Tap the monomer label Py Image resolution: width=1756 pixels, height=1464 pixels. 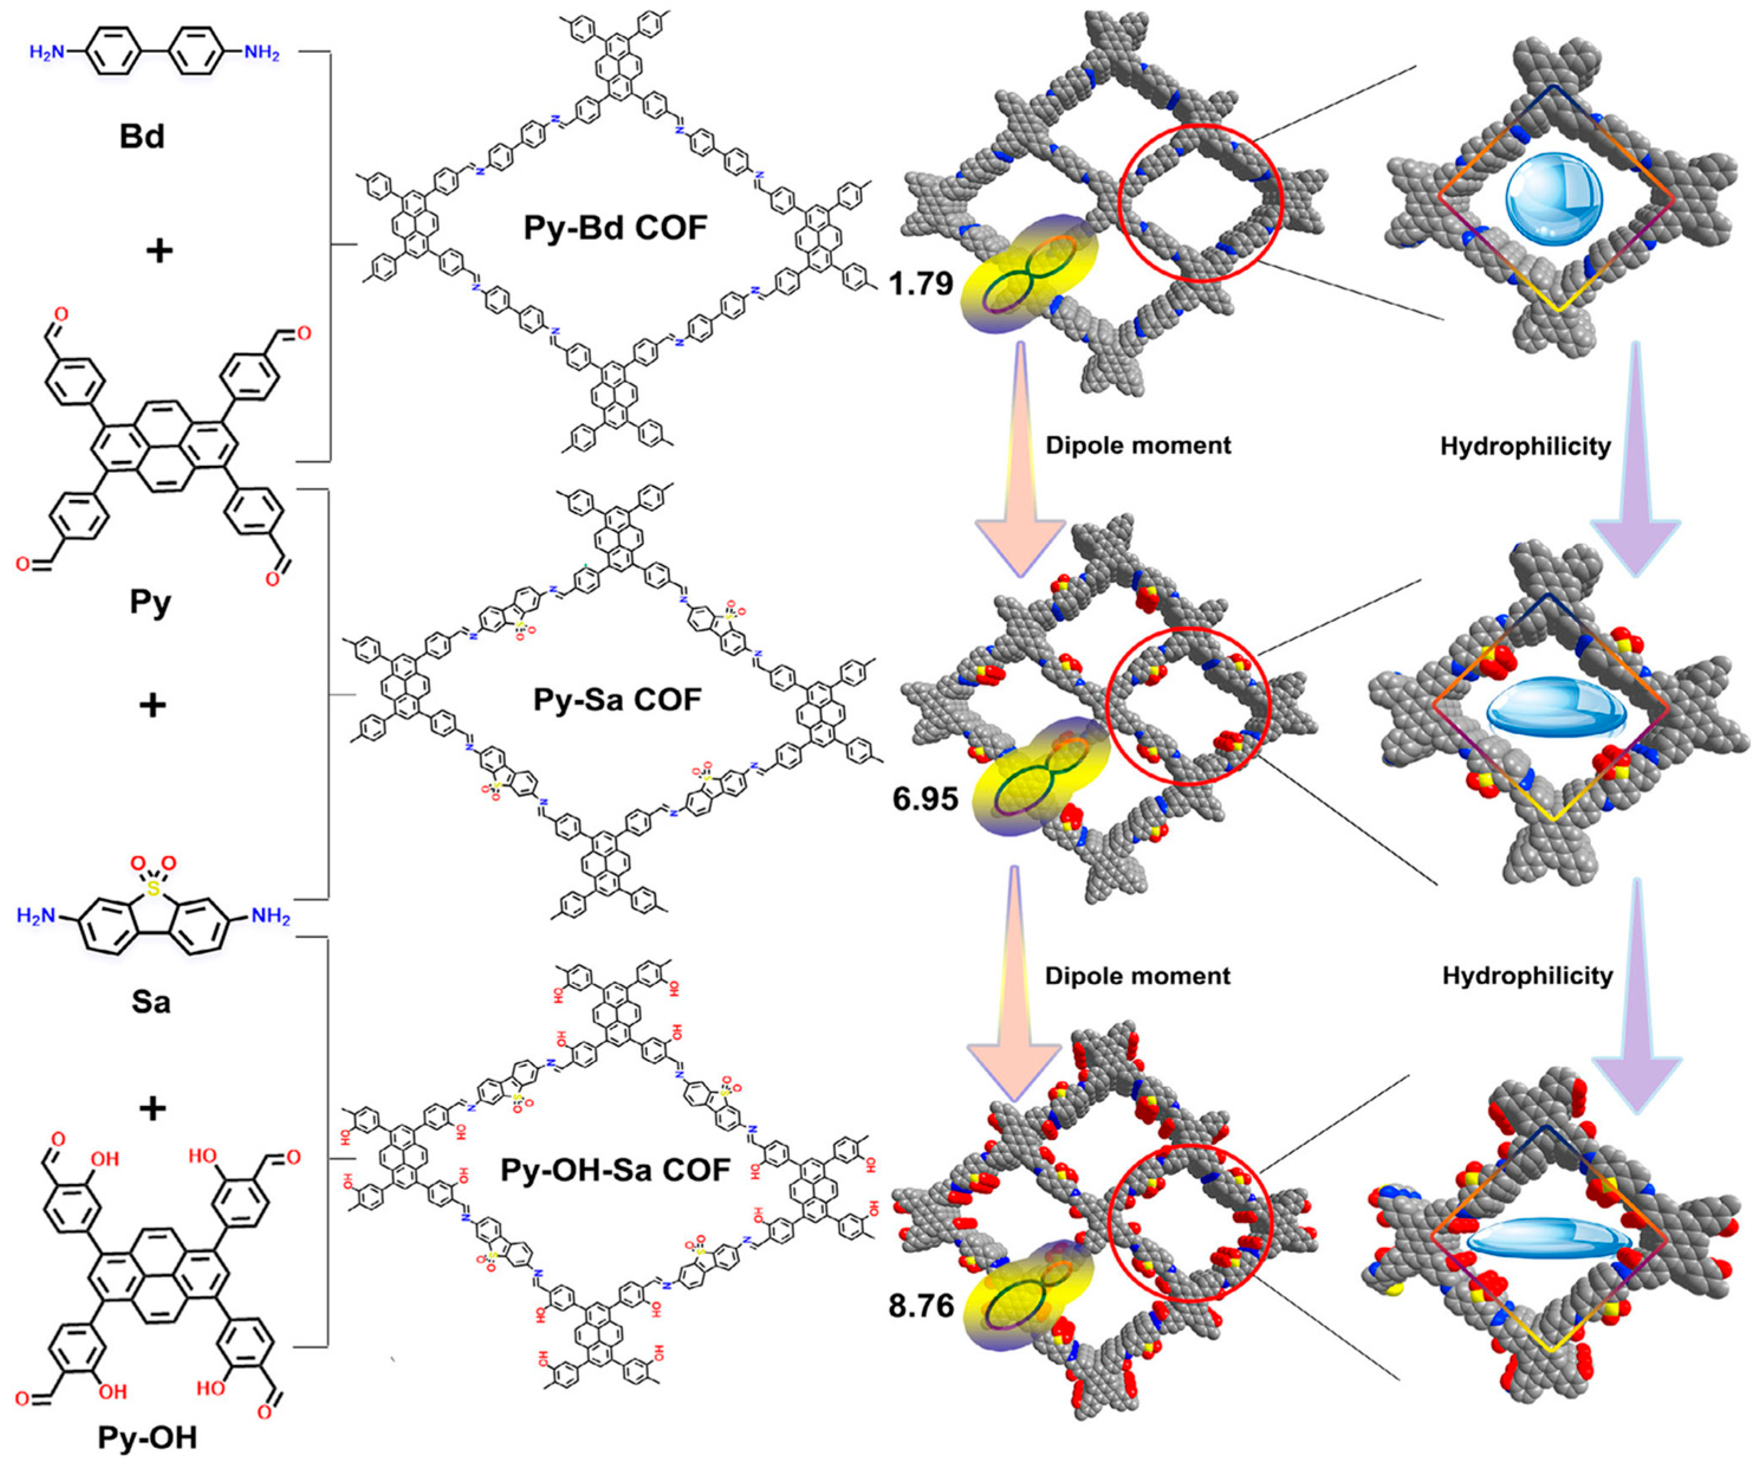pos(151,601)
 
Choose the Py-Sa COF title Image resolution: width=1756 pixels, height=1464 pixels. pos(617,700)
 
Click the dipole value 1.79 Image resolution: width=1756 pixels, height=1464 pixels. pos(921,284)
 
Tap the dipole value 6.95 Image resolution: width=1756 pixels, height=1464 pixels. pos(925,798)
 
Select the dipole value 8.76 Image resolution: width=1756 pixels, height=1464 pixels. pos(921,1305)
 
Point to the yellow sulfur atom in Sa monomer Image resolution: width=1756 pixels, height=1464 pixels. pos(152,891)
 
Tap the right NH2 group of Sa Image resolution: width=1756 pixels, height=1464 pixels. pos(270,916)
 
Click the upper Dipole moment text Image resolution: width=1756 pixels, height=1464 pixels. pos(1138,446)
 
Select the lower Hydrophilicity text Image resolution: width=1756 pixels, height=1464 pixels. pos(1527,976)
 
